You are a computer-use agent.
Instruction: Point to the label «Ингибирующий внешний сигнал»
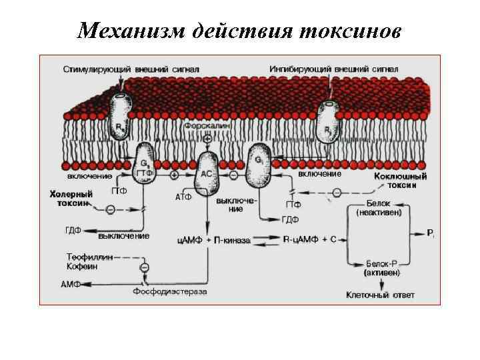point(334,69)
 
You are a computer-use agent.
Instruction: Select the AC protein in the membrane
point(207,171)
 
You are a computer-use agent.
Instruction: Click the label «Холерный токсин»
point(69,199)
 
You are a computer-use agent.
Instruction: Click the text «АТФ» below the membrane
point(183,197)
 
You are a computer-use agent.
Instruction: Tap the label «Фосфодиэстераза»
point(170,291)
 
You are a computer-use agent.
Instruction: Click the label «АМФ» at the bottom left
point(71,285)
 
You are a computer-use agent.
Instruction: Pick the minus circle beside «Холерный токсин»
point(110,210)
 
